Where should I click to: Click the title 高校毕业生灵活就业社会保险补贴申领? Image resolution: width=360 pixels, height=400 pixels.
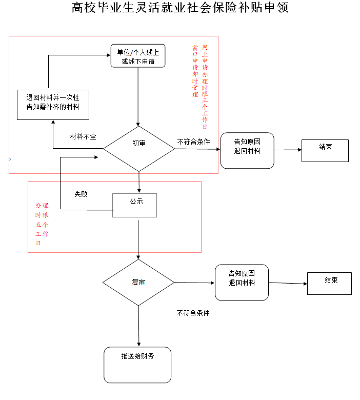tap(180, 9)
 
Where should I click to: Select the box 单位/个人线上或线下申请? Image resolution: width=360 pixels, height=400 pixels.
tap(138, 56)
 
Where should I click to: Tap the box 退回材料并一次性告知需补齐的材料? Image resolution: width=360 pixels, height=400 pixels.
tap(53, 103)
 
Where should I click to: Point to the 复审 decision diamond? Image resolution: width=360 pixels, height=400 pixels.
tap(138, 283)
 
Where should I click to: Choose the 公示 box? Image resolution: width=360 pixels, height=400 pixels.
tap(134, 205)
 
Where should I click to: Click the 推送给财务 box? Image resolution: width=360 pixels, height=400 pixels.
tap(137, 365)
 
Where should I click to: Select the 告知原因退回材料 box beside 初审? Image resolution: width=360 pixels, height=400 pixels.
tap(247, 150)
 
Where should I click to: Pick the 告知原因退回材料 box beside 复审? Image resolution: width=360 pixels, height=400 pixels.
tap(242, 282)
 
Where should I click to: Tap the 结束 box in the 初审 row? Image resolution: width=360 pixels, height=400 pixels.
tap(325, 150)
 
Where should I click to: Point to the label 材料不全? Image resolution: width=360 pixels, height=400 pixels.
tap(83, 137)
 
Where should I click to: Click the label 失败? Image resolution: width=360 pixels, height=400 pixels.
tap(81, 194)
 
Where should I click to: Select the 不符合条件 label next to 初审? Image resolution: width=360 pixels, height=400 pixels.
tap(194, 141)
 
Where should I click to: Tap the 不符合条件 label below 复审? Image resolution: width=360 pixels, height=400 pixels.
tap(193, 312)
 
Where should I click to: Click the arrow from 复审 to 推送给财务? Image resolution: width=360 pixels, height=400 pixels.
tap(138, 326)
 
